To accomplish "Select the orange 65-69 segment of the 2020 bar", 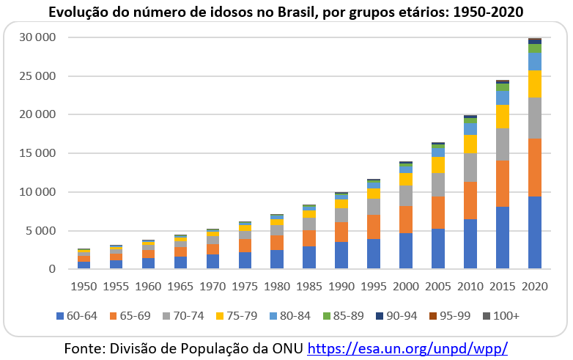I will pyautogui.click(x=534, y=167).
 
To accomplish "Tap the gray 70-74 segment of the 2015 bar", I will pyautogui.click(x=503, y=144).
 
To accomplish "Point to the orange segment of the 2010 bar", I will pyautogui.click(x=470, y=200).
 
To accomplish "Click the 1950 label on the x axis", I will pyautogui.click(x=84, y=285).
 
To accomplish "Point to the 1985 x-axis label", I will pyautogui.click(x=309, y=285).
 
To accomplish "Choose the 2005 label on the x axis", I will pyautogui.click(x=437, y=285).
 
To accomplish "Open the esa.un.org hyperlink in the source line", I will pyautogui.click(x=407, y=347).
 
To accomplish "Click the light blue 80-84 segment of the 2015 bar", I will pyautogui.click(x=503, y=98).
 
